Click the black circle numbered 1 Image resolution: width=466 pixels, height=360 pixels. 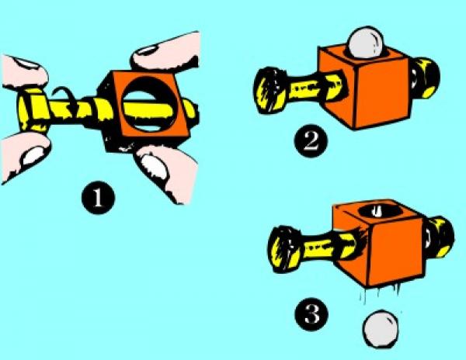click(x=98, y=197)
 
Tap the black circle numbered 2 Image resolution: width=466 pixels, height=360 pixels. click(x=311, y=140)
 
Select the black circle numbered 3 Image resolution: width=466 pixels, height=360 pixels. click(x=311, y=314)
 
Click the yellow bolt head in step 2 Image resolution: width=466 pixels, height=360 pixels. click(x=270, y=90)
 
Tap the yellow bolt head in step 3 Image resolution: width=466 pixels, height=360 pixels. click(x=283, y=249)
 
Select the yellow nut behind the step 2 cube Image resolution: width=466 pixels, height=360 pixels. click(x=425, y=78)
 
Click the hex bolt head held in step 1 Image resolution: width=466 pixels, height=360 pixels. click(x=33, y=110)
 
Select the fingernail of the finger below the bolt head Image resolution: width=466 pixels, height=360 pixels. click(x=33, y=155)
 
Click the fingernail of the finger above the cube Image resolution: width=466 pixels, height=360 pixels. click(x=146, y=50)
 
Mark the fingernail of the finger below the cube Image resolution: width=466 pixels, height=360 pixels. click(x=155, y=167)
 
